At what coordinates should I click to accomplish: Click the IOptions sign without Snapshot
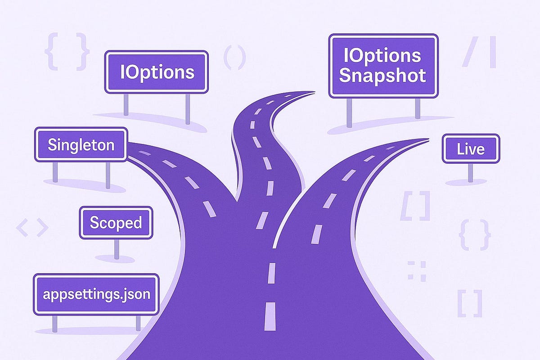click(157, 72)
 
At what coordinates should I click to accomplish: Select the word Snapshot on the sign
click(382, 76)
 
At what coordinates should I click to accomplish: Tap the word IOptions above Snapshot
click(382, 55)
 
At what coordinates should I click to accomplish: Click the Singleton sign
click(81, 144)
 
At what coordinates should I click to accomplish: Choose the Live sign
click(470, 148)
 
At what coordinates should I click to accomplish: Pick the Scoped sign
click(116, 223)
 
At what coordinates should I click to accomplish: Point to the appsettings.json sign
click(96, 294)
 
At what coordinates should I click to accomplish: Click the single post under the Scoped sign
click(117, 248)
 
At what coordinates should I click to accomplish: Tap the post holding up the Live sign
click(470, 172)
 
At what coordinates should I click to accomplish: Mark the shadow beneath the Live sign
click(466, 182)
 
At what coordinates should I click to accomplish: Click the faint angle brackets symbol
click(32, 228)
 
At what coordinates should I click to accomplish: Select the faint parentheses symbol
click(234, 57)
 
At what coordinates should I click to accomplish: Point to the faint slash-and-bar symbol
click(479, 52)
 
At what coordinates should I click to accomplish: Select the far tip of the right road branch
click(425, 140)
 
